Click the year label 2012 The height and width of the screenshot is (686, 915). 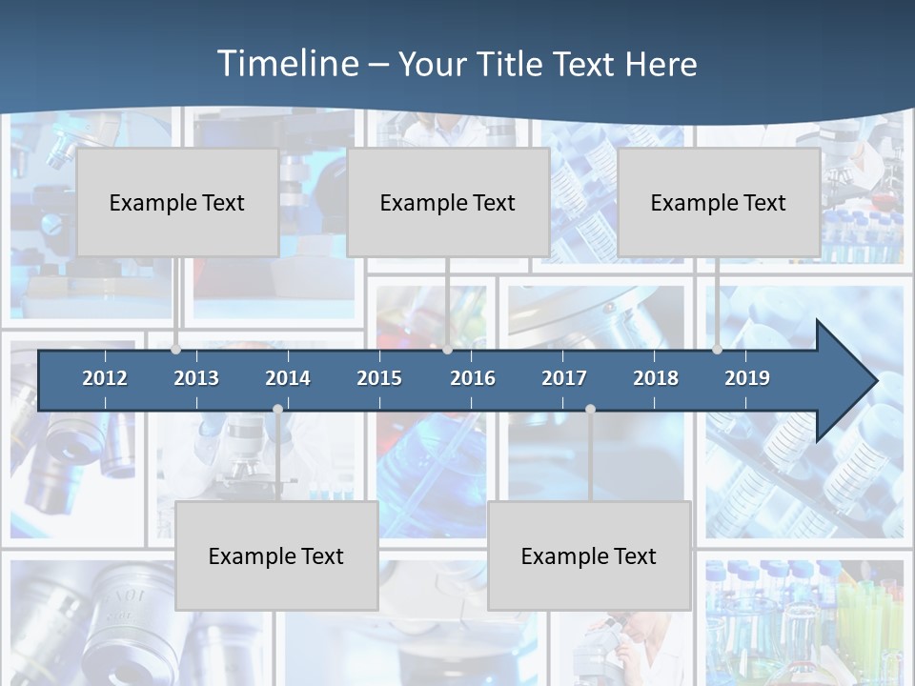(105, 378)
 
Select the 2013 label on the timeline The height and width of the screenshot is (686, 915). (196, 378)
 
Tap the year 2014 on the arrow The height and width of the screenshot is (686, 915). (288, 378)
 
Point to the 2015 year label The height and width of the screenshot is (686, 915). (379, 378)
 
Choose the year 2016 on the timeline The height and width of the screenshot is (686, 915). (473, 378)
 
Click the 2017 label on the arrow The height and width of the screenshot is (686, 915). (564, 378)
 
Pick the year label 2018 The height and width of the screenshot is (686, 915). (656, 378)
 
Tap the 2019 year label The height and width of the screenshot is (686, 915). (747, 378)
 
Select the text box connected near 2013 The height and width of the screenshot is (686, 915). (177, 202)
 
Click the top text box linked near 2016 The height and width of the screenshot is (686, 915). (448, 202)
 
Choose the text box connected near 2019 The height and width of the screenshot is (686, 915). (719, 202)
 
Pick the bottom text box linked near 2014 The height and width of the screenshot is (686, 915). (276, 555)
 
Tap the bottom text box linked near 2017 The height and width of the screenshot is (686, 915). (589, 555)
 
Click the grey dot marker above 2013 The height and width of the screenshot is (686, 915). (175, 350)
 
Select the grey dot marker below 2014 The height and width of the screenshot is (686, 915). (277, 409)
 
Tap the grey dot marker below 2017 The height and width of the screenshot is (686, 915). (590, 409)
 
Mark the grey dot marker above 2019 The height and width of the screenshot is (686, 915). (717, 350)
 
